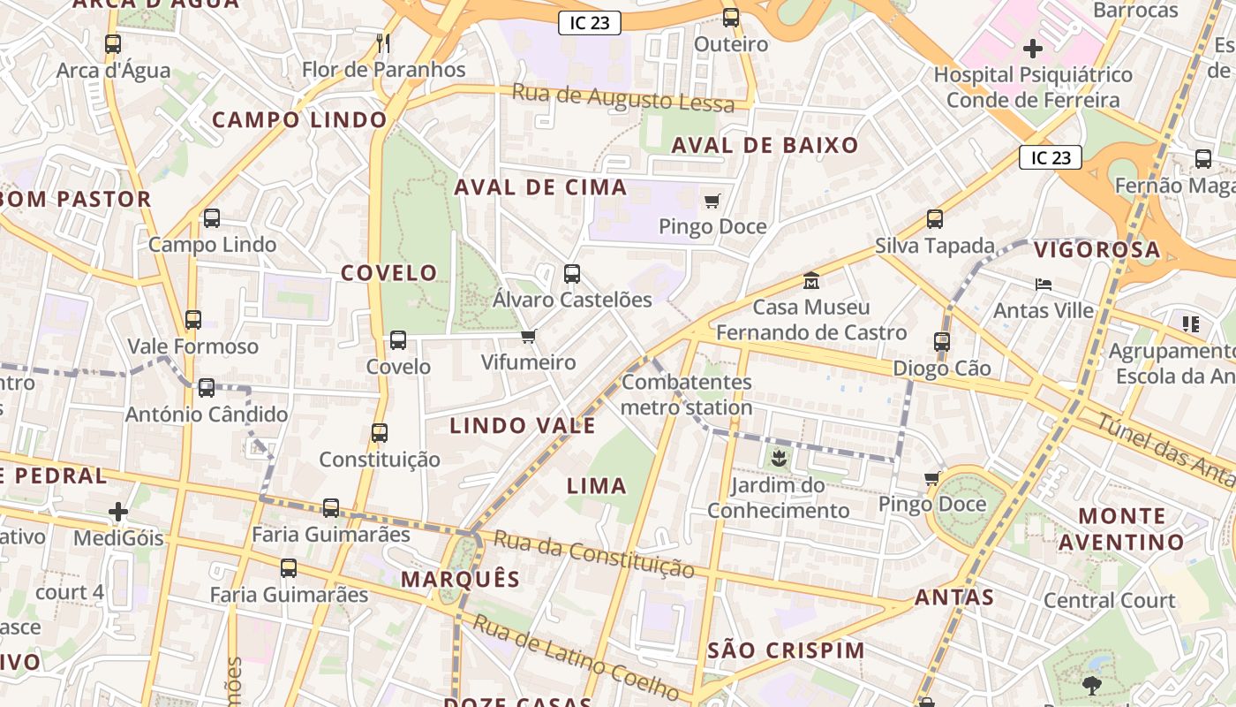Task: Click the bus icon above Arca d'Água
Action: pyautogui.click(x=112, y=43)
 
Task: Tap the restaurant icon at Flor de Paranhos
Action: pyautogui.click(x=383, y=42)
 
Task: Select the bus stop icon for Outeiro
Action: pyautogui.click(x=730, y=18)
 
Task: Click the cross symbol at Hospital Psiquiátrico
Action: pyautogui.click(x=1032, y=48)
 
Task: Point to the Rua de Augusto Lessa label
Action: pyautogui.click(x=623, y=98)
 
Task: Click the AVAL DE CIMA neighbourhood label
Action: pyautogui.click(x=540, y=187)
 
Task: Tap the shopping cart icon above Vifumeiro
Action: pyautogui.click(x=528, y=336)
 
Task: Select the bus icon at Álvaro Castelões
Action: pyautogui.click(x=572, y=274)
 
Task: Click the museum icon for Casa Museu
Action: pyautogui.click(x=810, y=281)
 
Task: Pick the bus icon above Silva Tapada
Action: pyautogui.click(x=935, y=219)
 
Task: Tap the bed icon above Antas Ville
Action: pyautogui.click(x=1043, y=285)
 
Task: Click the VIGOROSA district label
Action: pyautogui.click(x=1097, y=250)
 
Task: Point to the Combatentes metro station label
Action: pyautogui.click(x=687, y=395)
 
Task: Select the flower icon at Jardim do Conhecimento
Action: pyautogui.click(x=778, y=458)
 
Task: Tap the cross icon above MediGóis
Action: pyautogui.click(x=118, y=512)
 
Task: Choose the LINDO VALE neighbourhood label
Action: pyautogui.click(x=523, y=426)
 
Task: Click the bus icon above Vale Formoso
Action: pyautogui.click(x=192, y=320)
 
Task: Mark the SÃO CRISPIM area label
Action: pyautogui.click(x=787, y=651)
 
